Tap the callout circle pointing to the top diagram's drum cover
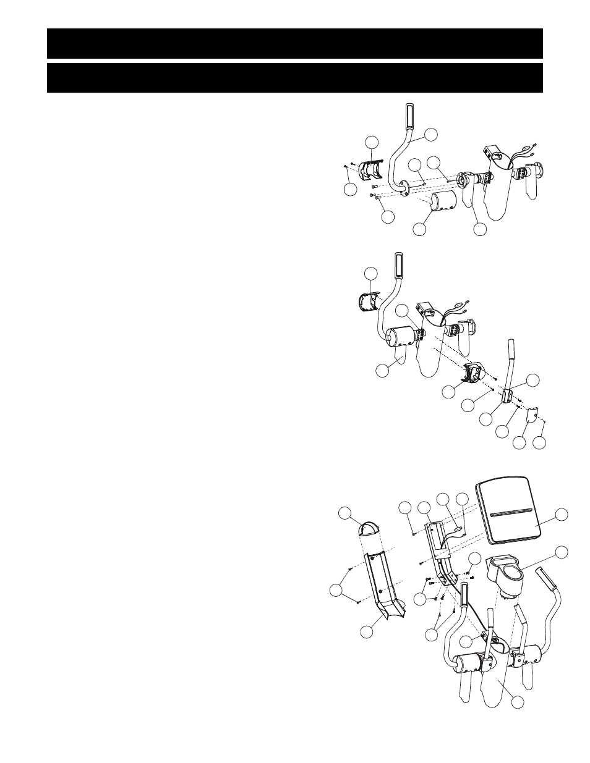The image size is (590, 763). tap(419, 228)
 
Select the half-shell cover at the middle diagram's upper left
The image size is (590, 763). tap(370, 303)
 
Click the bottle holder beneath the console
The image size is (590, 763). tap(508, 571)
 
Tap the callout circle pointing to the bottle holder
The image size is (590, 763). tap(562, 552)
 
